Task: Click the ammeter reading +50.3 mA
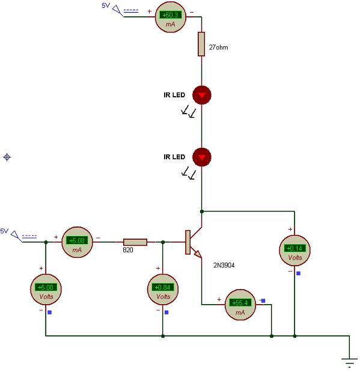pos(171,17)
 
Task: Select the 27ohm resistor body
pos(201,44)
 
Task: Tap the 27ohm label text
pos(218,47)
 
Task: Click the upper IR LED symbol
pos(201,95)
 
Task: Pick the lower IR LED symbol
pos(201,157)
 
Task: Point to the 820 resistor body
pos(135,242)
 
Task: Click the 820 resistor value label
pos(128,250)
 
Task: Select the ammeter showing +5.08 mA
pos(77,242)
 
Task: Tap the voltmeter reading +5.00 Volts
pos(46,289)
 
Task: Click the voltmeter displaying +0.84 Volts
pos(163,289)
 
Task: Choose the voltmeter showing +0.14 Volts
pos(294,250)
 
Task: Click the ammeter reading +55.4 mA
pos(240,305)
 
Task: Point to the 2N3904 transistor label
pos(224,265)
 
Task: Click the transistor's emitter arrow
pos(198,255)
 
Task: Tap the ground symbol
pos(349,362)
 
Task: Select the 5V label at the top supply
pos(106,5)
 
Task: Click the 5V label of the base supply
pos(4,231)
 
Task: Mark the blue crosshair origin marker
pos(7,157)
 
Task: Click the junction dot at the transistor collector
pos(201,212)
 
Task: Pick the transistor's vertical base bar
pos(188,242)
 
